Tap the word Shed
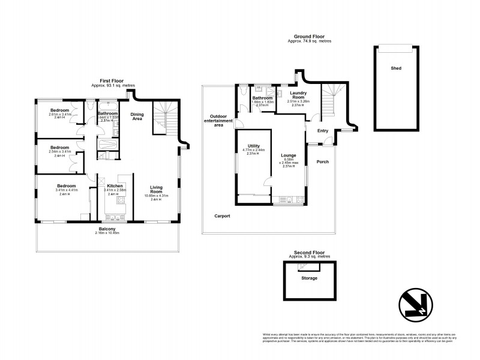(395, 68)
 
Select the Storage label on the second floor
(310, 278)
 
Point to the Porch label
(323, 161)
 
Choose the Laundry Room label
(298, 95)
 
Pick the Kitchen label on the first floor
(115, 186)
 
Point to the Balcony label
(108, 229)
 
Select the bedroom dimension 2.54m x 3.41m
(60, 152)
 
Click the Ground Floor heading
(309, 36)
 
